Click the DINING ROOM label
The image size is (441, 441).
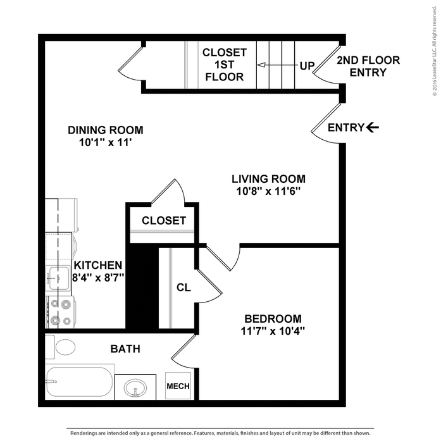106,130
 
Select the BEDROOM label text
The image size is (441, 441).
273,318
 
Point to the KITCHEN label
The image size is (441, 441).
97,265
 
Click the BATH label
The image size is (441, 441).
125,349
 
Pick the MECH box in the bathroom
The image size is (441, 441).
177,386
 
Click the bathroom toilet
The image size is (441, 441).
63,347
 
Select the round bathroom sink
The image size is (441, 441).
136,387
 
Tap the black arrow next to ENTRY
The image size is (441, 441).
373,128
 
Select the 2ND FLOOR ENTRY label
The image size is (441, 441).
368,66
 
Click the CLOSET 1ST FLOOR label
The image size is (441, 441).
224,65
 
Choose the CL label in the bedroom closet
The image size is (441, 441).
183,287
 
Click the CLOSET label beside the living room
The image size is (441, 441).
164,221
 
